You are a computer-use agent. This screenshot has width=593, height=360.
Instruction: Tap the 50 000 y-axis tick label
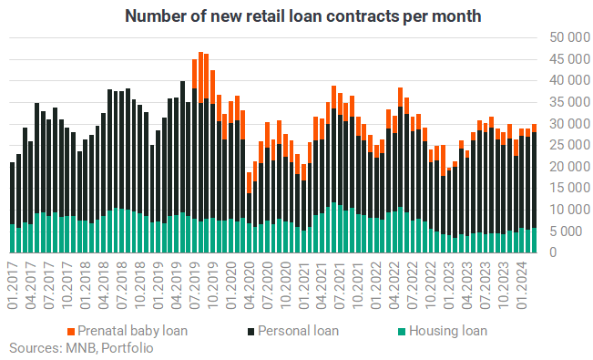570,37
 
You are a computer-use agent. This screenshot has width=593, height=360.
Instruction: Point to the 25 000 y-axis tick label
570,145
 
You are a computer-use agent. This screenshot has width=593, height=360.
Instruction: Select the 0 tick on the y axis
553,252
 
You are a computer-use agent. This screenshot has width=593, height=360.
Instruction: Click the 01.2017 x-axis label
13,284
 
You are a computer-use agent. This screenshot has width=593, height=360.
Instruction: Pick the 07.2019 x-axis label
195,284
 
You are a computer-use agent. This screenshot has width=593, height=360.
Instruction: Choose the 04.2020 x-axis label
250,284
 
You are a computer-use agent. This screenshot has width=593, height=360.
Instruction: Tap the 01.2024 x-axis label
522,284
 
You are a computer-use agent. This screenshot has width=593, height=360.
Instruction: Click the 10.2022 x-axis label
431,284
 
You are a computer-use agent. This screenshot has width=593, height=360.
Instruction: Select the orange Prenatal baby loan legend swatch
71,332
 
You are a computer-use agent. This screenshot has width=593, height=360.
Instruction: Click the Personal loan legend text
298,331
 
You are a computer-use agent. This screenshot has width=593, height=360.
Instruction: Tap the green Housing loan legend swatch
402,332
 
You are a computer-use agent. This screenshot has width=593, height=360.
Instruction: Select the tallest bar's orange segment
200,77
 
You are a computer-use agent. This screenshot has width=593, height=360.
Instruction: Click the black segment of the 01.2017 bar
12,193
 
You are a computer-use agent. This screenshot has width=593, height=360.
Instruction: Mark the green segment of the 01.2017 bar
12,239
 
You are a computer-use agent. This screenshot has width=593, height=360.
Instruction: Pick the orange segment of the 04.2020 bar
249,183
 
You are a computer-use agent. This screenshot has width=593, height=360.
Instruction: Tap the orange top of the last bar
534,128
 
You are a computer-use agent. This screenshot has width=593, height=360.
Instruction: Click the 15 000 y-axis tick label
570,188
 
